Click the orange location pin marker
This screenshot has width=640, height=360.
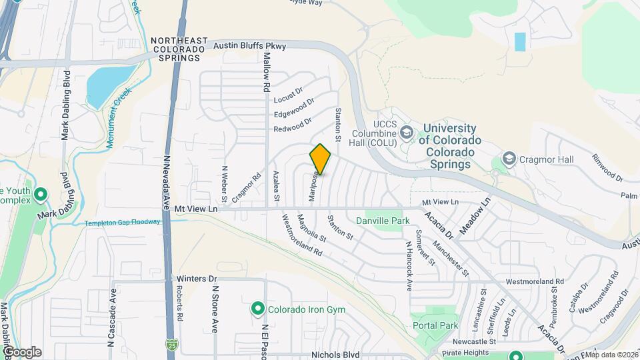pos(321,159)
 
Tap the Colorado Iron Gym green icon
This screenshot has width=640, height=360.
pos(257,309)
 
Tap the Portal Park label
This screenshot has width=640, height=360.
pos(435,325)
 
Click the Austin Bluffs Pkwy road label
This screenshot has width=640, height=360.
pos(249,46)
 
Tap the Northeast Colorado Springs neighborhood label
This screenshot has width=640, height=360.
pos(179,49)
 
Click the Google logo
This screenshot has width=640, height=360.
pos(22,351)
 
